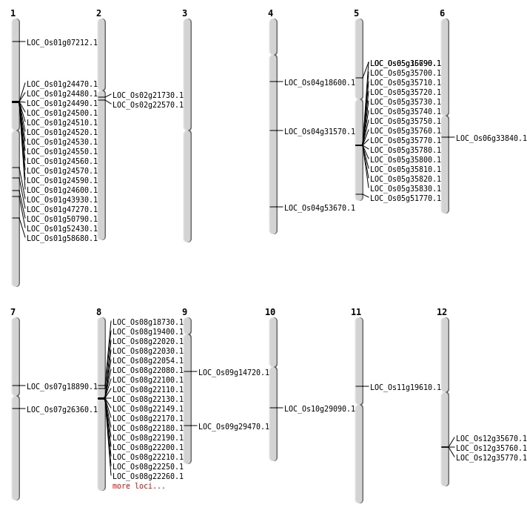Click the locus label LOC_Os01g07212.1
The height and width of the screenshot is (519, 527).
[x=62, y=43]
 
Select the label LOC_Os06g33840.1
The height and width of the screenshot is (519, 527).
[x=491, y=139]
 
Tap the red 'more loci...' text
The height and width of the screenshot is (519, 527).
[x=139, y=486]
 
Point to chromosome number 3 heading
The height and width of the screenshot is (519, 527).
[x=184, y=13]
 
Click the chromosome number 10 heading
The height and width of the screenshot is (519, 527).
[x=270, y=312]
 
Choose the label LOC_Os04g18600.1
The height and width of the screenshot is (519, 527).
[x=320, y=83]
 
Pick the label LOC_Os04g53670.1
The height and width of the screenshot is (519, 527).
[x=320, y=208]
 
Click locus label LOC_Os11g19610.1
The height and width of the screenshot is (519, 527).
[x=406, y=388]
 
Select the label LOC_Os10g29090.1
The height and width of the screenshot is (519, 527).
[x=320, y=409]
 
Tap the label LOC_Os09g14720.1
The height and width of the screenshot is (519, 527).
[x=234, y=373]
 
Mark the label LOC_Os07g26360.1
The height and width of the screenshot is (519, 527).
[x=62, y=410]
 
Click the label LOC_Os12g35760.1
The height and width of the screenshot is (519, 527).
[x=491, y=449]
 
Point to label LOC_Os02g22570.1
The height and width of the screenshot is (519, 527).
[x=148, y=105]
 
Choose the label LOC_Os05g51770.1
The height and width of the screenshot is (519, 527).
[x=406, y=199]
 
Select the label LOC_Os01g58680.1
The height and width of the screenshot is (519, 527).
[x=62, y=239]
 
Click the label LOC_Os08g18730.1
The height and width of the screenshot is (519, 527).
[x=148, y=323]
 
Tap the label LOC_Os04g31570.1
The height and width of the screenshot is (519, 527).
[x=320, y=132]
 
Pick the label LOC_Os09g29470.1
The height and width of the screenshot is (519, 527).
[x=234, y=427]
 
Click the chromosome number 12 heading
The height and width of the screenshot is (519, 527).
[x=442, y=312]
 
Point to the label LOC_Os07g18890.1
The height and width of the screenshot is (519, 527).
[x=62, y=387]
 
